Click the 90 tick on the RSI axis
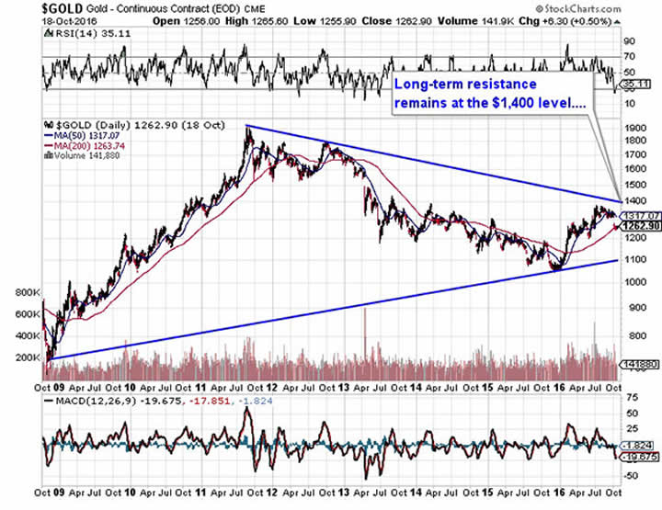(631, 41)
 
